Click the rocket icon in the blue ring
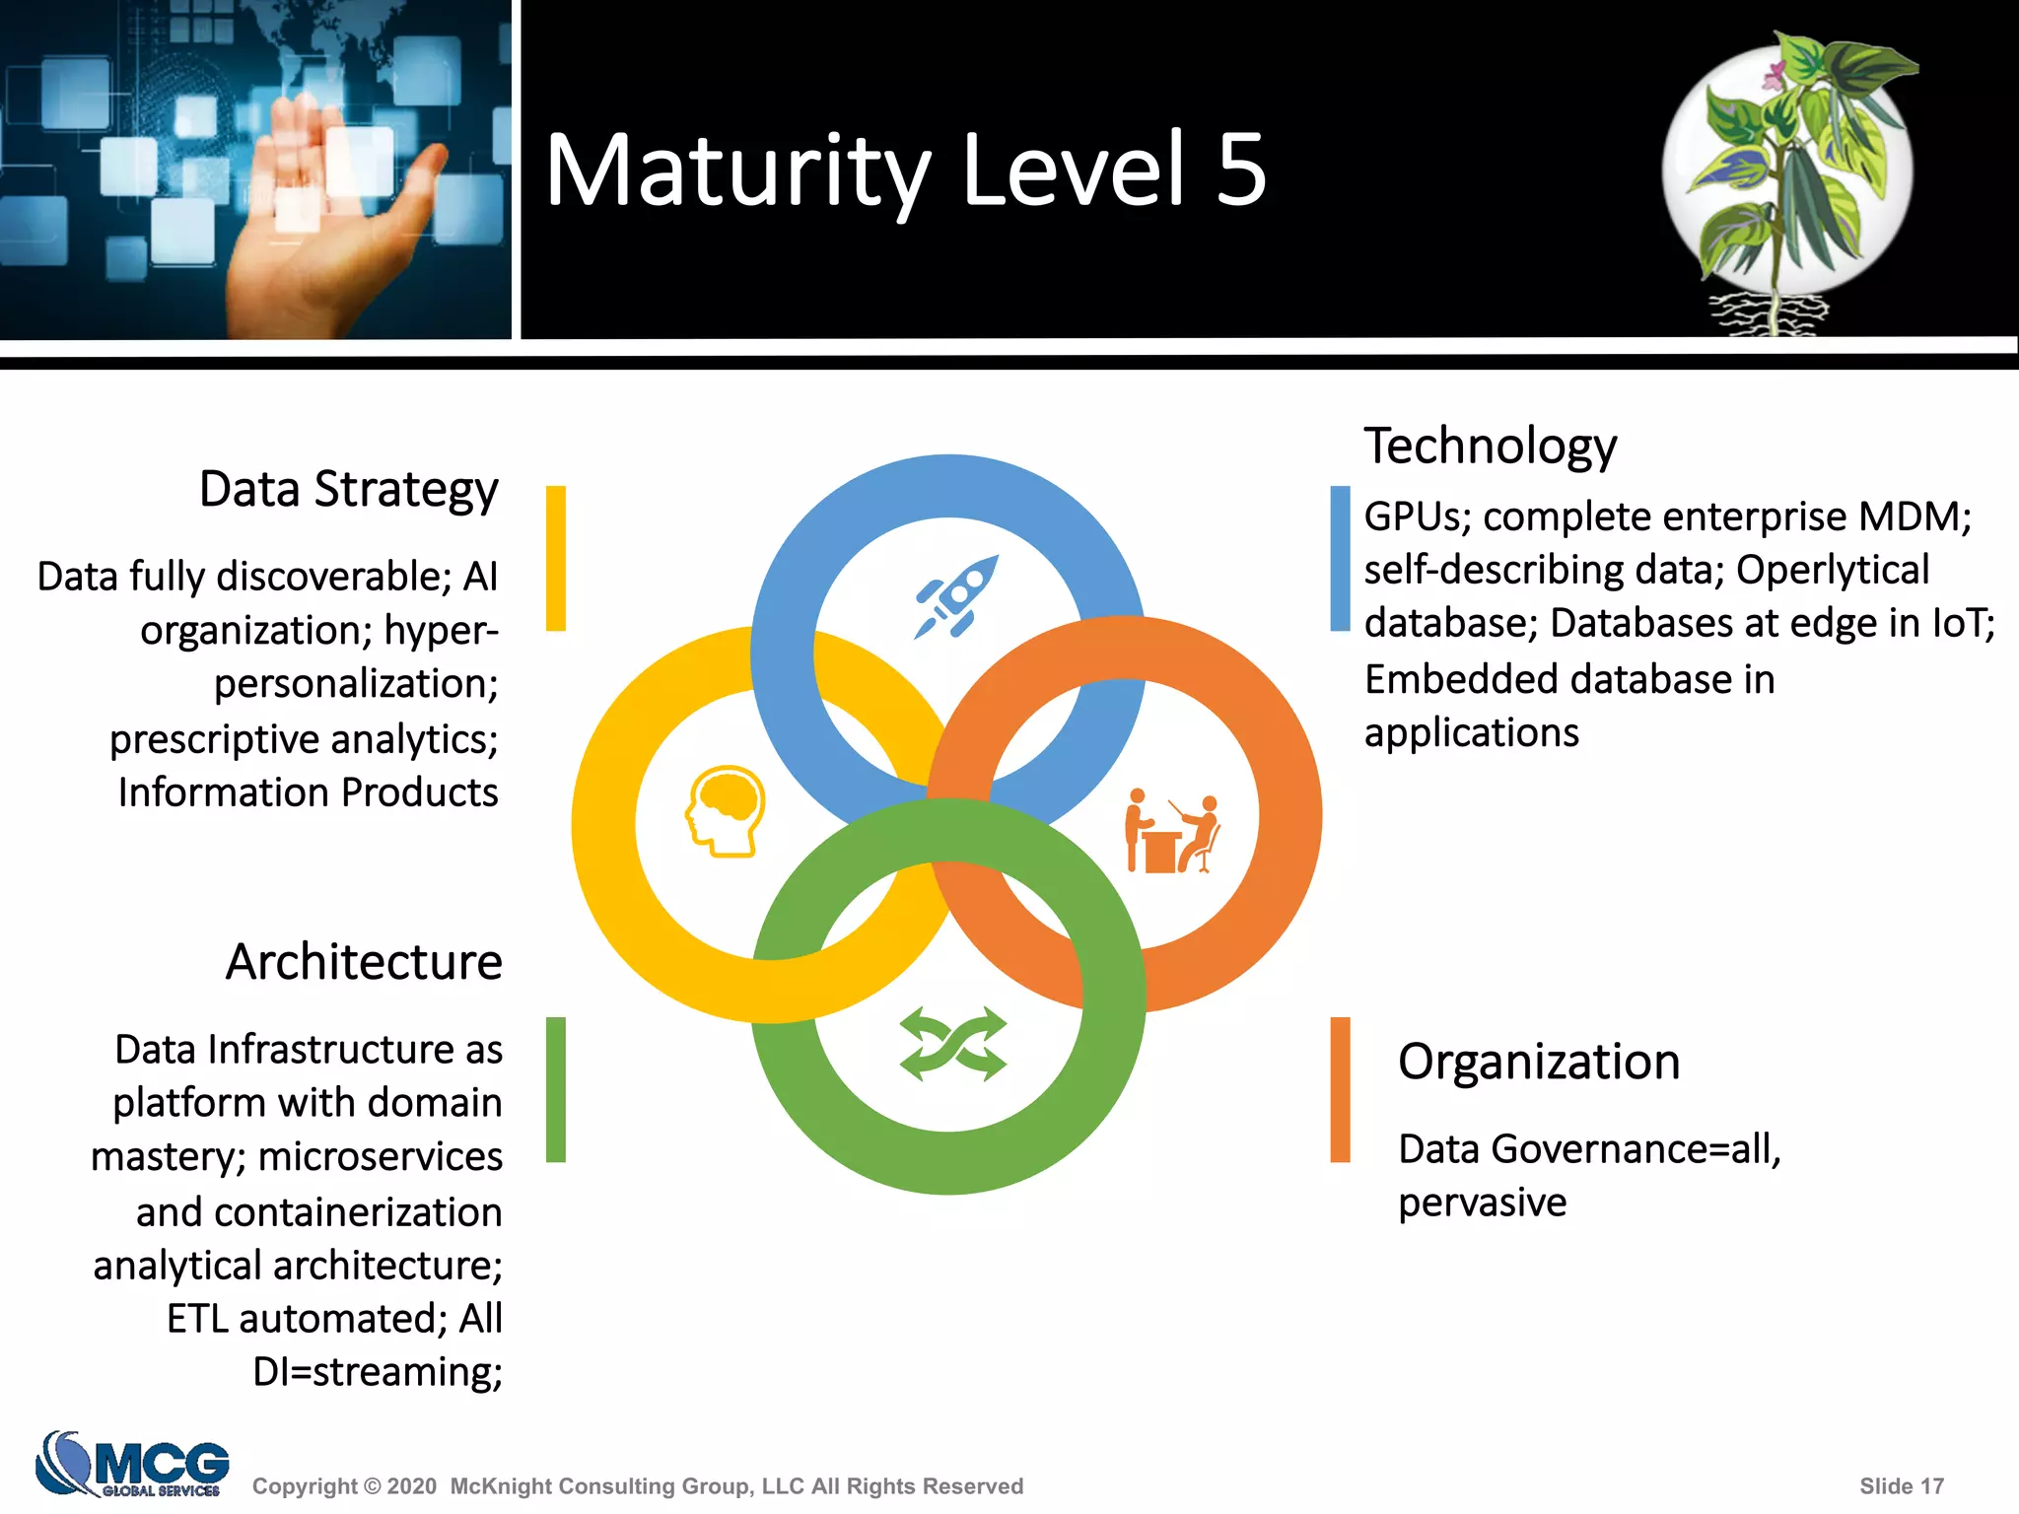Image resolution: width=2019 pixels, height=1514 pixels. point(955,597)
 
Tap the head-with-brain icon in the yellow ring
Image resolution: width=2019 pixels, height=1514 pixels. point(726,811)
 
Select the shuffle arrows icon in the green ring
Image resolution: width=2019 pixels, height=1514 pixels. point(953,1044)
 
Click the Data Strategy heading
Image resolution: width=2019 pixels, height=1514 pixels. point(348,490)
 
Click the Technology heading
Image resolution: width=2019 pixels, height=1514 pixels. point(1490,446)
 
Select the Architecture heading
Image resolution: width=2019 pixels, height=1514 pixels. point(364,962)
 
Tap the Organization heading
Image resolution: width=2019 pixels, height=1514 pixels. point(1538,1063)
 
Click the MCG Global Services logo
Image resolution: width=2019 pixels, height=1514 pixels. point(132,1464)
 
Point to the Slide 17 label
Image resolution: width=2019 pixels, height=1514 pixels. point(1901,1486)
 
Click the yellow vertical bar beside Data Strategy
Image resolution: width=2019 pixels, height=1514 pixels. point(556,558)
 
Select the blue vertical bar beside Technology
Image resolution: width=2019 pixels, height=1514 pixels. point(1340,558)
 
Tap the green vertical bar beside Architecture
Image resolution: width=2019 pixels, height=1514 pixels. point(556,1089)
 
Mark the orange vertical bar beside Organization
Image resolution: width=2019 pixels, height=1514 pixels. point(1340,1089)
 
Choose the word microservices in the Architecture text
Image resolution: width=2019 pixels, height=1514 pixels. point(381,1157)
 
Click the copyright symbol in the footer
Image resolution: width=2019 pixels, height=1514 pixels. point(372,1486)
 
